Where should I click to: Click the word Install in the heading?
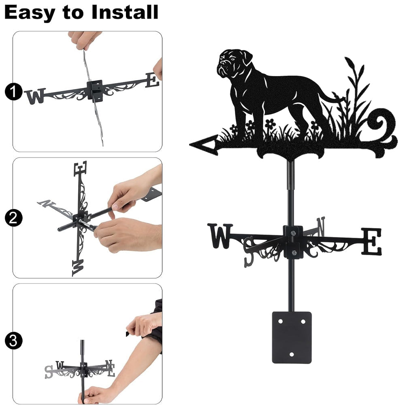click(x=125, y=12)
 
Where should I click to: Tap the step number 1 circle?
click(x=13, y=92)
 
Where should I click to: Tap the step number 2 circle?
click(x=13, y=218)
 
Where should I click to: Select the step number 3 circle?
click(x=13, y=341)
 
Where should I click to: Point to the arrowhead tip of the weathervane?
click(x=190, y=145)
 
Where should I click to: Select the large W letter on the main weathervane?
click(x=220, y=236)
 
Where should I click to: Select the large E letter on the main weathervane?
click(x=371, y=241)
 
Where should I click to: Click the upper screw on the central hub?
click(x=293, y=234)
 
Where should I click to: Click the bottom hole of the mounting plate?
click(x=292, y=354)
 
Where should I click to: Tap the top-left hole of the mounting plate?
click(x=281, y=322)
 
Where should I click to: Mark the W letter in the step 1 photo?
click(x=35, y=96)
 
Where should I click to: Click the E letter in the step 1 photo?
click(x=152, y=80)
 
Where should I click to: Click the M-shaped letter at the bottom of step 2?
click(x=78, y=268)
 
